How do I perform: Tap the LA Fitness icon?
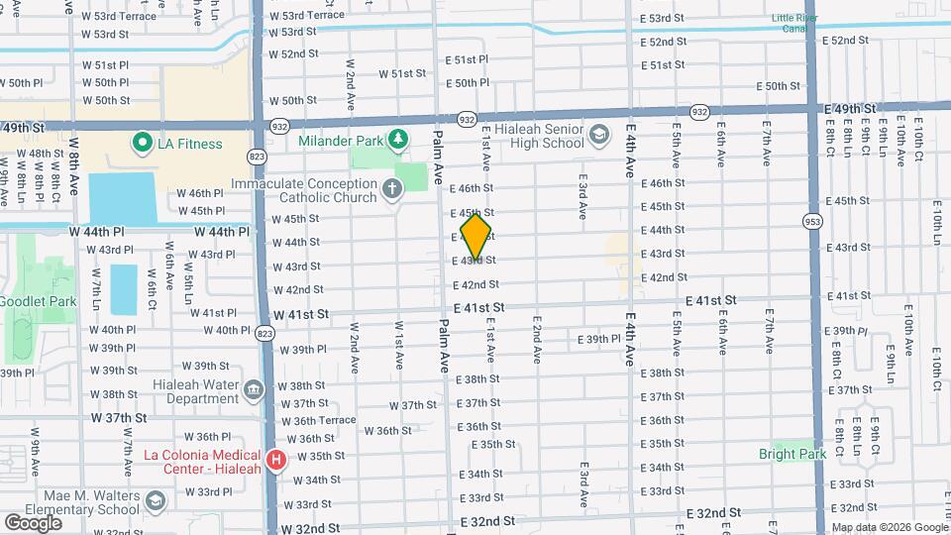pos(141,144)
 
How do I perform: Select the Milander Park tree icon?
pos(397,138)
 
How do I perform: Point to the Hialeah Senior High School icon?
pos(599,134)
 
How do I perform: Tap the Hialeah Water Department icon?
pos(253,388)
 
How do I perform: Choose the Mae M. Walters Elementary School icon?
pos(156,503)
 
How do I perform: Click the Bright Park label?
pos(792,454)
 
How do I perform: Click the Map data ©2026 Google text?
pos(889,527)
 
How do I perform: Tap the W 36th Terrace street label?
pos(318,420)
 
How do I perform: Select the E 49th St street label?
pos(850,107)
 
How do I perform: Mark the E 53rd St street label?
pos(663,18)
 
